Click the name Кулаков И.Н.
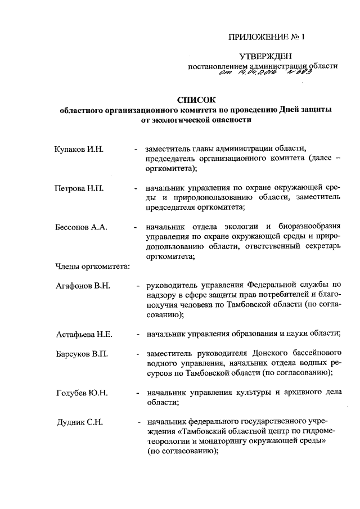pos(76,150)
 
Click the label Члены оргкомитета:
pos(92,266)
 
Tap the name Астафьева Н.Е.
pos(84,334)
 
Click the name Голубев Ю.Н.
pos(82,393)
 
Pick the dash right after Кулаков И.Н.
pos(136,150)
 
